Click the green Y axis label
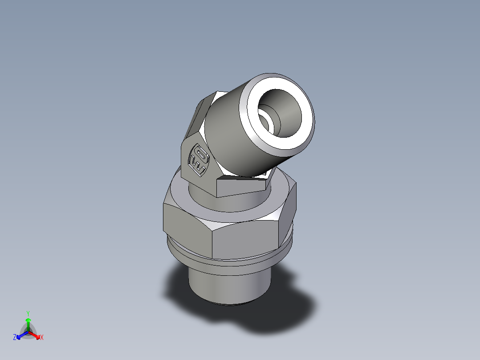click(x=28, y=313)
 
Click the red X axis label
click(x=42, y=338)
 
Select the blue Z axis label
click(x=15, y=338)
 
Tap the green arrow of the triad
click(x=28, y=322)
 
